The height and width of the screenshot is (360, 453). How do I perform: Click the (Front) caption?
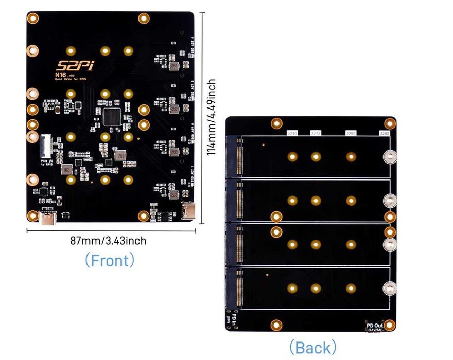pyautogui.click(x=109, y=260)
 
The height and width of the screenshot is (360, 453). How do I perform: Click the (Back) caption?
pyautogui.click(x=312, y=347)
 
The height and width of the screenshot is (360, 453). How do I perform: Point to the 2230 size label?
pyautogui.click(x=292, y=133)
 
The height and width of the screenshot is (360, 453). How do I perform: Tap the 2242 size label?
pyautogui.click(x=316, y=133)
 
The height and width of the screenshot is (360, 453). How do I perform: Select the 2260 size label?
pyautogui.click(x=351, y=133)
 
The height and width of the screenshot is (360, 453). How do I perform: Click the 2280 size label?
pyautogui.click(x=385, y=133)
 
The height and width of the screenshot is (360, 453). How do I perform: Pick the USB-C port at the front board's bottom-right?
pyautogui.click(x=188, y=210)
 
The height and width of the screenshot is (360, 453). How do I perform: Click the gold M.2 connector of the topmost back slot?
pyautogui.click(x=239, y=156)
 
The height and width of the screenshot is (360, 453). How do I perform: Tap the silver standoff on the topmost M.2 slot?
pyautogui.click(x=390, y=157)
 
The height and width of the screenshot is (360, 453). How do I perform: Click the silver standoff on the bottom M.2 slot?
pyautogui.click(x=390, y=289)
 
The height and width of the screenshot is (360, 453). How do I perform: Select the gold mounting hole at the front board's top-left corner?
pyautogui.click(x=32, y=20)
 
